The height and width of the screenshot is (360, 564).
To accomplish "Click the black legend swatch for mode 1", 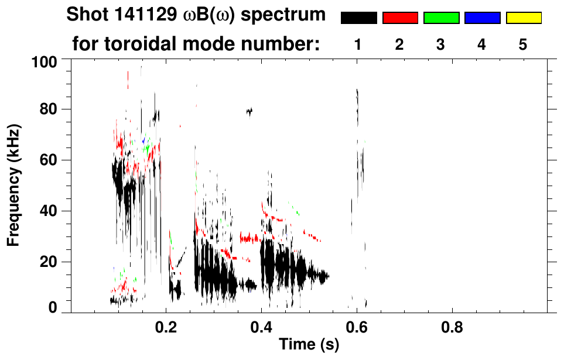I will point(358,18).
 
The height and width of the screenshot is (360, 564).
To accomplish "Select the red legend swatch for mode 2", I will point(400,18).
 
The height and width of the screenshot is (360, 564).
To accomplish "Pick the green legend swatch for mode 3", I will point(441,18).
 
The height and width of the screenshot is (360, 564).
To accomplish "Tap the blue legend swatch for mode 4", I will point(482,18).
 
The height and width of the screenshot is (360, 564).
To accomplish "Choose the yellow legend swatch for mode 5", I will point(523,18).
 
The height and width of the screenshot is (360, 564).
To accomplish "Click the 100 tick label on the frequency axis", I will point(43,61).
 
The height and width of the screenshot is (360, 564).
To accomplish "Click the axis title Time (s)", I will point(309,345).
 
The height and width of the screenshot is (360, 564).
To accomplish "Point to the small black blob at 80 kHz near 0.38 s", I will point(249,111).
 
